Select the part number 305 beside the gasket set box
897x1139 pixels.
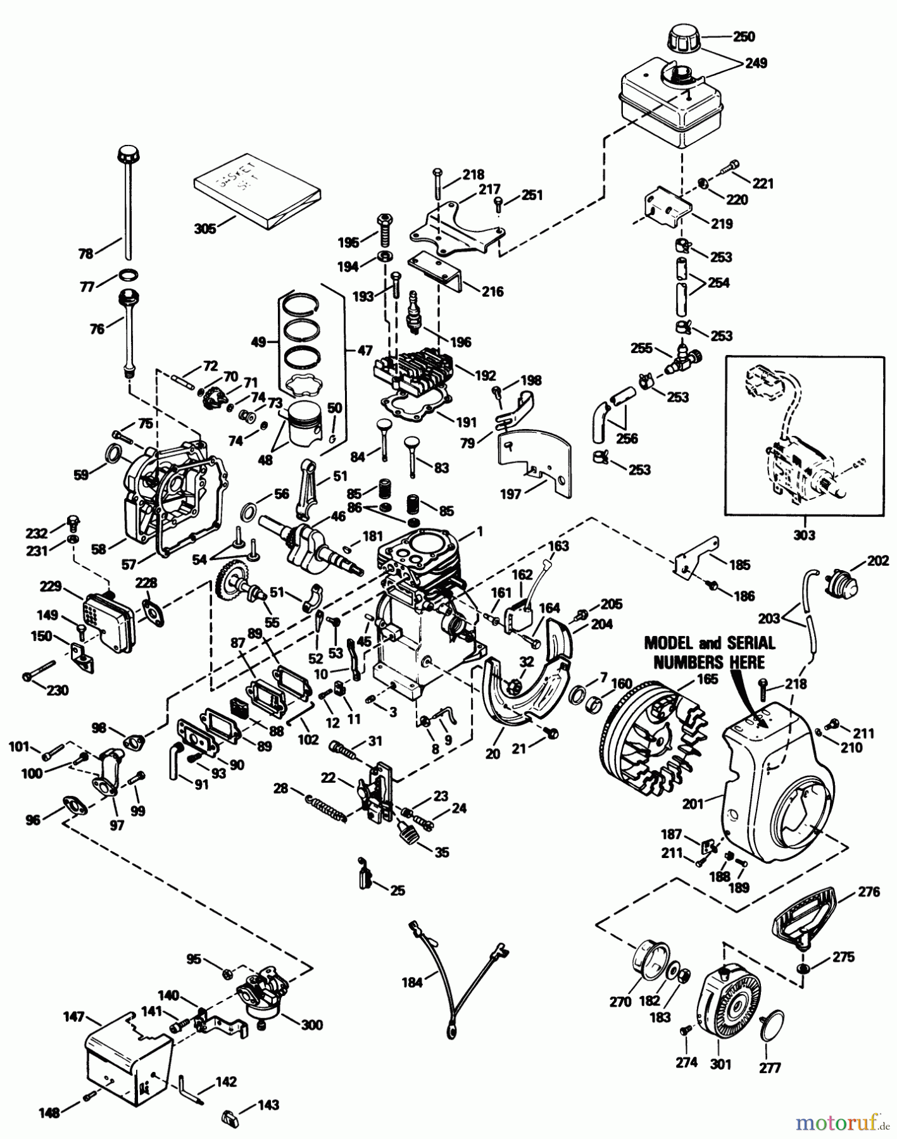point(205,228)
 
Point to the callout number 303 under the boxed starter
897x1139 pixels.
point(804,535)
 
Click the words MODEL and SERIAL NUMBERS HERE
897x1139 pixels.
point(709,652)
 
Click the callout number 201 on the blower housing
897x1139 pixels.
point(693,804)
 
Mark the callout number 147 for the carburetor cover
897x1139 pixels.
point(74,1017)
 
